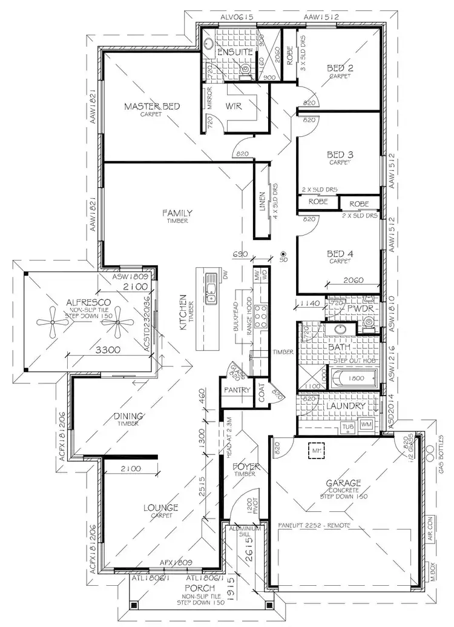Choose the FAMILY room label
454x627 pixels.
(x=177, y=213)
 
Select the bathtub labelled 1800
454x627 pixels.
(x=352, y=379)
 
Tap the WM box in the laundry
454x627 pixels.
(x=367, y=425)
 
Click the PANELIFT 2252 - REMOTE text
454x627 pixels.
(x=314, y=525)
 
